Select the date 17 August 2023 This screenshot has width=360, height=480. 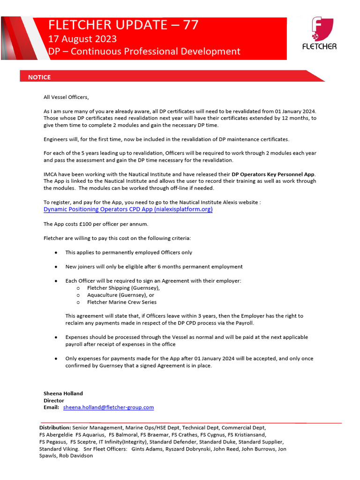coord(82,38)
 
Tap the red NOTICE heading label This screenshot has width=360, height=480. coord(39,77)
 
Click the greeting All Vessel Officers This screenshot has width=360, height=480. coord(66,97)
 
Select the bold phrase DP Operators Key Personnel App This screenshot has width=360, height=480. coord(274,174)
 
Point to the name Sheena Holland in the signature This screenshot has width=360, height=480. coord(63,393)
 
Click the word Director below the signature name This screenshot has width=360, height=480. coord(54,400)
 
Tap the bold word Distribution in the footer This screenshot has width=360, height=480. coord(55,427)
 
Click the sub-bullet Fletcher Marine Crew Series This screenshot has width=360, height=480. coord(123,302)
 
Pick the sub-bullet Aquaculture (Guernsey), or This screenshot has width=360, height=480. coord(120,295)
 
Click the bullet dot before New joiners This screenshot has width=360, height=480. coord(56,267)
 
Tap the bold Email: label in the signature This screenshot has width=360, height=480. coord(51,407)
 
